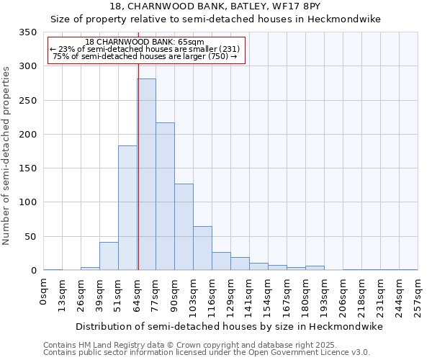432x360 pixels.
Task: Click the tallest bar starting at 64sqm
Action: tap(146, 174)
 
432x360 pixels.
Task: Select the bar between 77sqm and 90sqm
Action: tap(165, 197)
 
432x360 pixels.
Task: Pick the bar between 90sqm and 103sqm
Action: tap(184, 227)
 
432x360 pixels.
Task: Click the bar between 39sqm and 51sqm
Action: tap(109, 256)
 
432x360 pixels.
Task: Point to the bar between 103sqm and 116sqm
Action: tap(202, 248)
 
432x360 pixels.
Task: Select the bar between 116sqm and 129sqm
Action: tap(221, 261)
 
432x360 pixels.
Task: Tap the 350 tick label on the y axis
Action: tap(28, 32)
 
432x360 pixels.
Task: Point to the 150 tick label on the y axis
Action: tap(28, 168)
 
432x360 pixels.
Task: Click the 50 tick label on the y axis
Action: tap(31, 237)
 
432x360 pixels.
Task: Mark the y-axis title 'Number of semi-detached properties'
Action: tap(7, 156)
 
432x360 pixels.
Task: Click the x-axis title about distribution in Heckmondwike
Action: tap(230, 327)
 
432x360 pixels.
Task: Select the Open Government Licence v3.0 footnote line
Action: tap(207, 352)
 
